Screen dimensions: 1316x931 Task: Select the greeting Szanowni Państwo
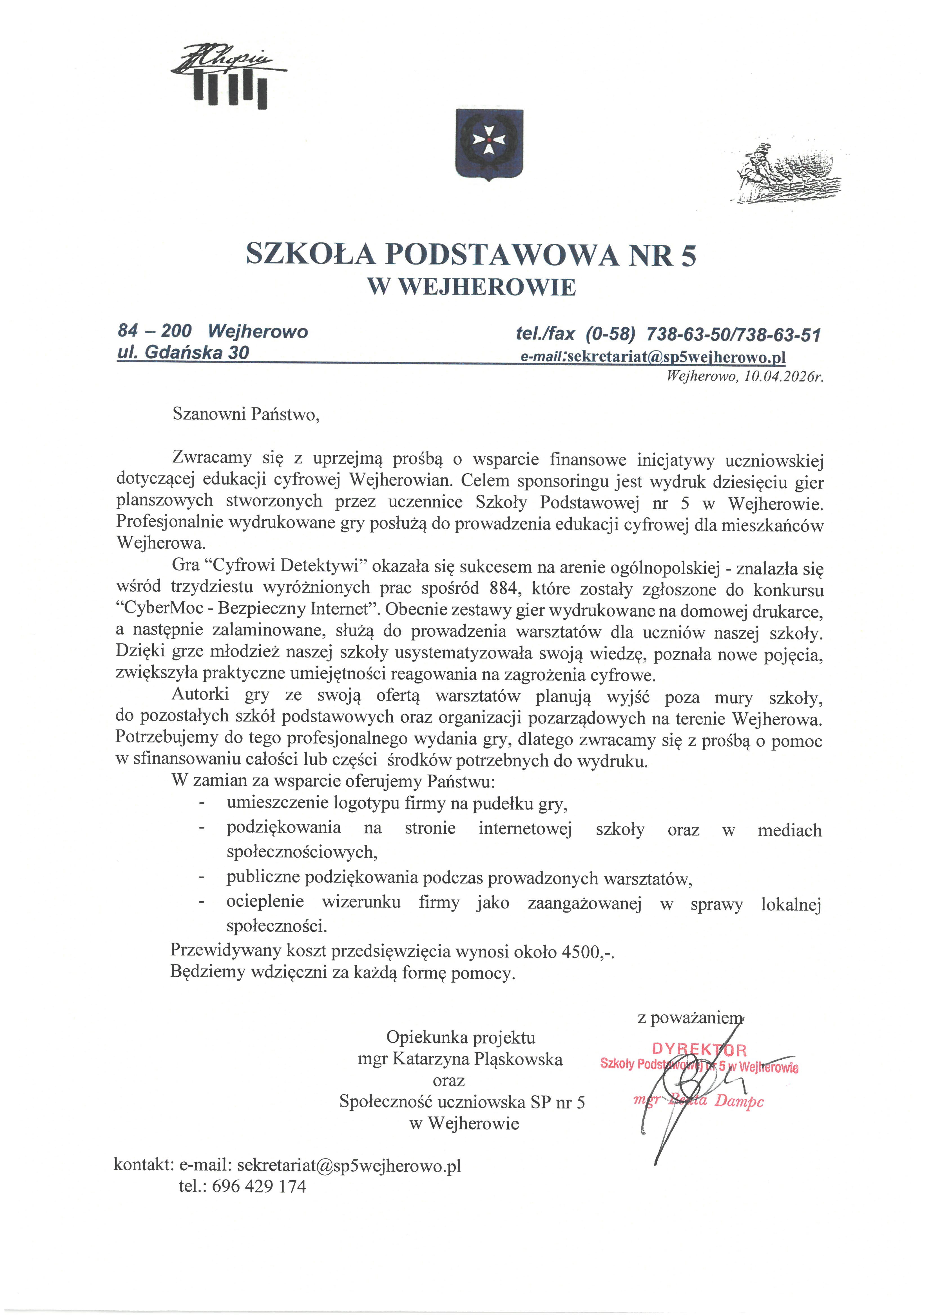(x=245, y=414)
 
